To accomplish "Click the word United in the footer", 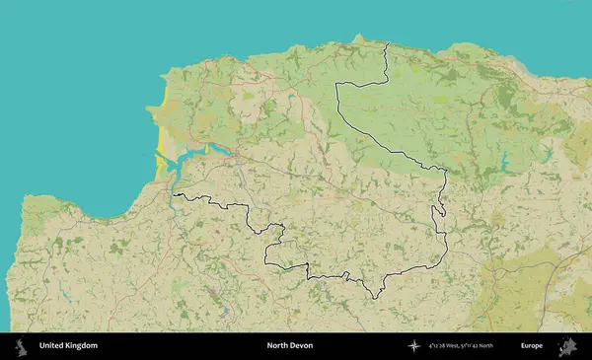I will pos(51,346).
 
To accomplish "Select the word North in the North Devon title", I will pos(277,346).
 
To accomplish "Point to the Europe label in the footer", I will pos(532,346).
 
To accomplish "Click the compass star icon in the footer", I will pos(412,346).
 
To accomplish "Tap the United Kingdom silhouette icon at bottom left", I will pos(19,346).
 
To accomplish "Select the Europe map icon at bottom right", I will pos(568,346).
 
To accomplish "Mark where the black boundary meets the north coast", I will pos(388,42).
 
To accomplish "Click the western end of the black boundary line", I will pos(175,196).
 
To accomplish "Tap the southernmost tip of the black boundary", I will pos(372,297).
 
